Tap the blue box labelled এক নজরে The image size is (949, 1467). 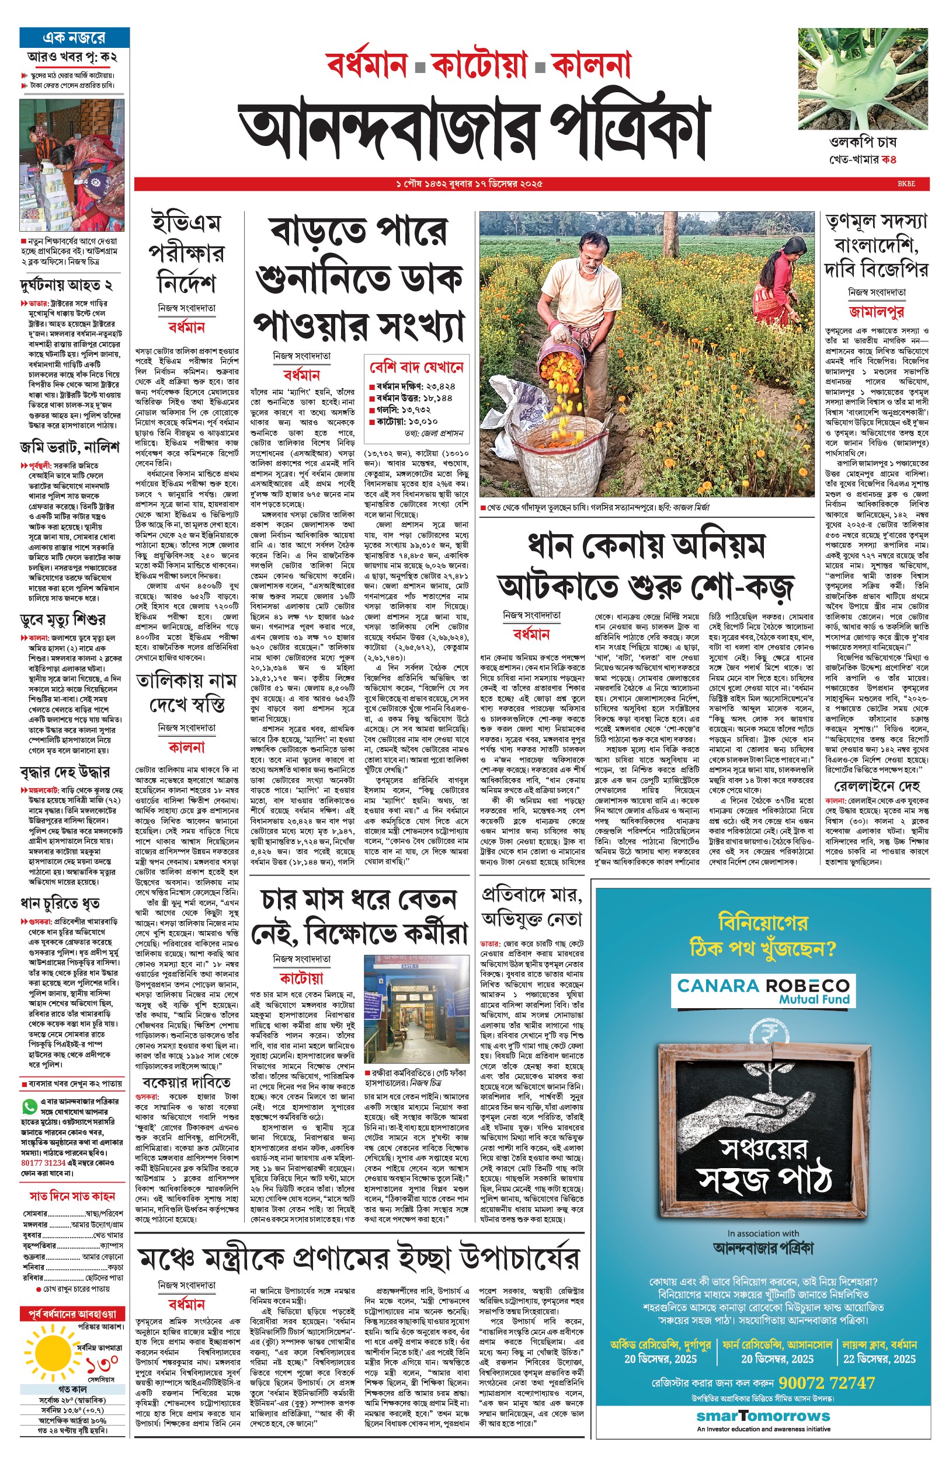click(74, 37)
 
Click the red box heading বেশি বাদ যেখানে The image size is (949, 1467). click(416, 367)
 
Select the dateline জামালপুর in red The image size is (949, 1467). click(875, 312)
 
